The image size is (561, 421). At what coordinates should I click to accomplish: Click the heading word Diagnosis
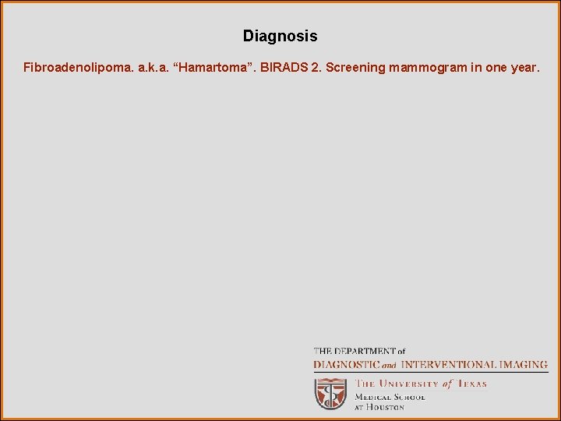click(x=280, y=36)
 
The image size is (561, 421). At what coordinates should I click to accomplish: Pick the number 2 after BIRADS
click(x=315, y=68)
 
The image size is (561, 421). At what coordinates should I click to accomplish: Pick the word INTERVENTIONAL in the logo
click(x=450, y=364)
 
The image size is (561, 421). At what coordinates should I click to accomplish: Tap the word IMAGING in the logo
click(x=525, y=364)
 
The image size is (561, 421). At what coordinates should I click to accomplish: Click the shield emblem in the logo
click(x=330, y=394)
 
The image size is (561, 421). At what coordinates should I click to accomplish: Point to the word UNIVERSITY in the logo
click(x=410, y=384)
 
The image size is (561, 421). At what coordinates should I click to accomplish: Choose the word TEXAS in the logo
click(x=471, y=384)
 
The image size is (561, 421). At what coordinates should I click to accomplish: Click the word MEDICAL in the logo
click(x=372, y=397)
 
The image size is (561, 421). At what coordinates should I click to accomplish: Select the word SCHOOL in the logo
click(x=409, y=397)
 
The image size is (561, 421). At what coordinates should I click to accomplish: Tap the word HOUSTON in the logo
click(x=386, y=407)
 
